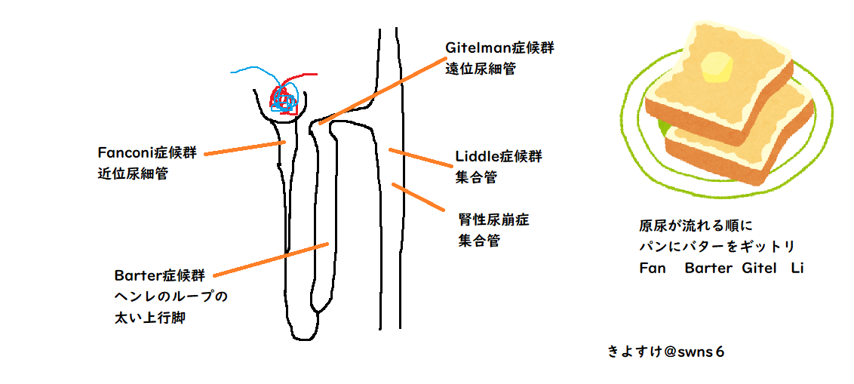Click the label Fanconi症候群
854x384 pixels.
coord(147,153)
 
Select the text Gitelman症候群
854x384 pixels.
coord(499,48)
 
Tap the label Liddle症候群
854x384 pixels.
coord(499,157)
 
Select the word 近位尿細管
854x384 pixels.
coord(133,174)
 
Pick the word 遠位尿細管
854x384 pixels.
coord(481,69)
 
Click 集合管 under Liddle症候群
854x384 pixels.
coord(476,178)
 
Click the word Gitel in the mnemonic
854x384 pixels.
coord(758,268)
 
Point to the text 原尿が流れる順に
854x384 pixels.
coord(696,226)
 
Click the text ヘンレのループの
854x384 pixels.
coord(170,296)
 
